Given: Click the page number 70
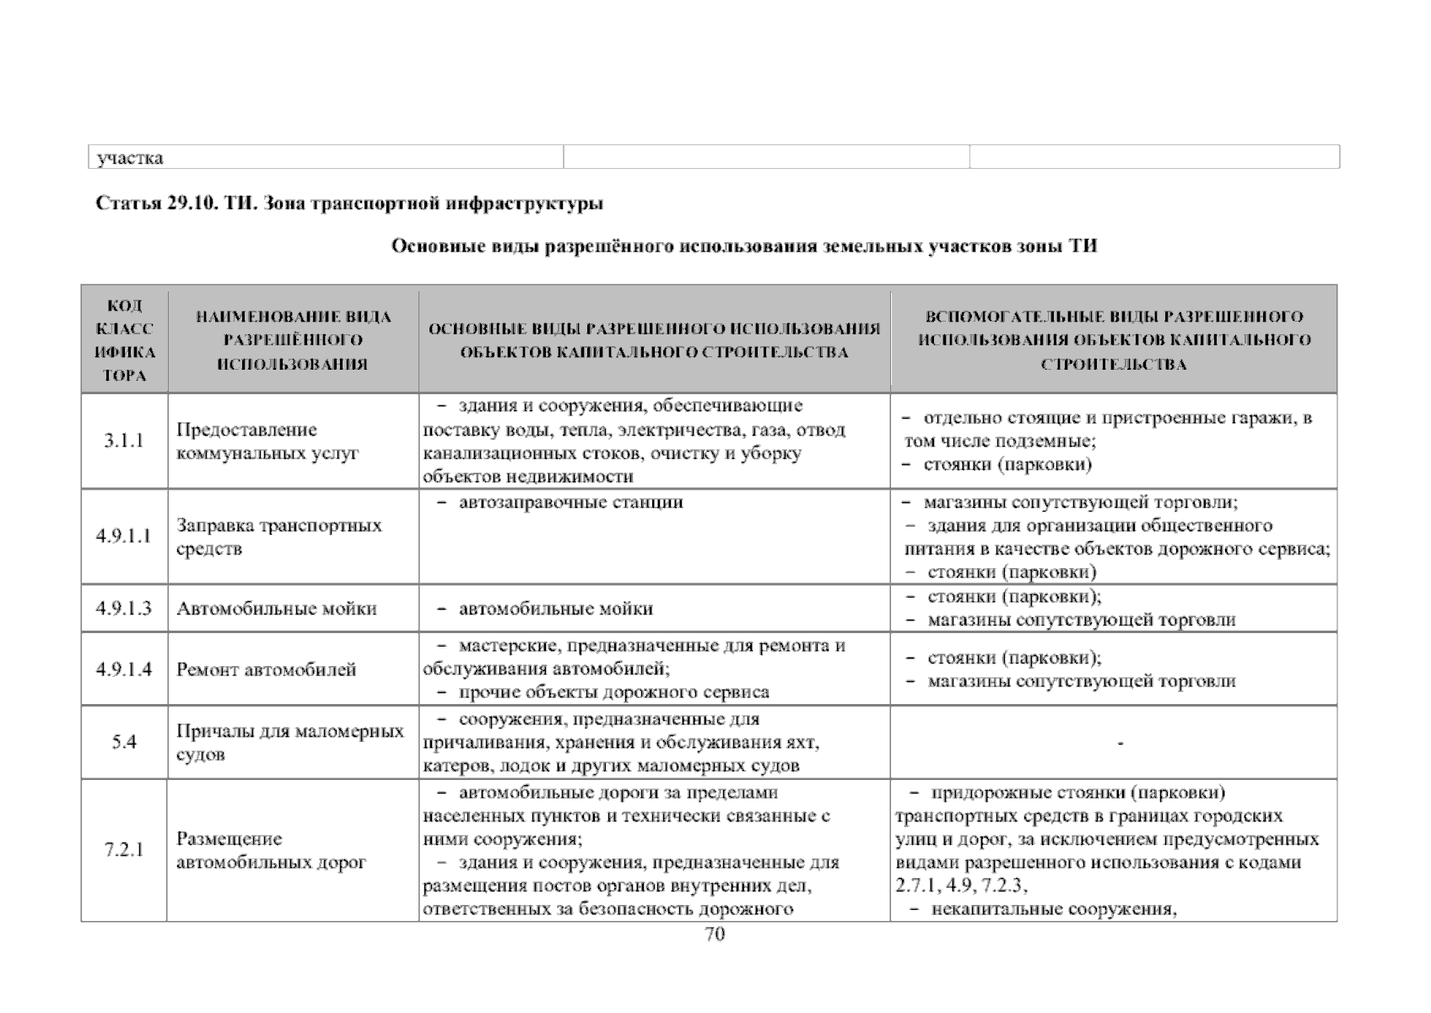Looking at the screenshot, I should click(714, 934).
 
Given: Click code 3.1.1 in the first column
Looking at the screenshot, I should click(124, 441).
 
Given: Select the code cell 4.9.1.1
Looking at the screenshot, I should click(124, 536).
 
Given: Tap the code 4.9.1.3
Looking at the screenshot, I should click(124, 609).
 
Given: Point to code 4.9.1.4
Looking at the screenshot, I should click(124, 669).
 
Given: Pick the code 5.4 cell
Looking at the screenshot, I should click(124, 743).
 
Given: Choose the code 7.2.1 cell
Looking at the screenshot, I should click(124, 850).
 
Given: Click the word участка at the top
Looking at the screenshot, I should click(130, 158).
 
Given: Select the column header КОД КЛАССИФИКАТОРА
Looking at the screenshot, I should click(124, 340).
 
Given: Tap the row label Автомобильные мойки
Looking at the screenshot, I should click(277, 609).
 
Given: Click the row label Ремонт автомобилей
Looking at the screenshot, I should click(267, 670).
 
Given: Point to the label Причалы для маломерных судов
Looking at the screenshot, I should click(290, 743).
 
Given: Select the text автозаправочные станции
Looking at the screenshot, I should click(570, 503).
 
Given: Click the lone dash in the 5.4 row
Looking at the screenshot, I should click(1120, 744).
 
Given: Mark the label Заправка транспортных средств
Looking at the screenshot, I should click(279, 537).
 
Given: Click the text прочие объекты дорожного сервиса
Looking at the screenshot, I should click(613, 693).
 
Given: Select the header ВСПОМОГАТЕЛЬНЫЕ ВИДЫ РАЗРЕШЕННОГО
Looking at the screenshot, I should click(1114, 317).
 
